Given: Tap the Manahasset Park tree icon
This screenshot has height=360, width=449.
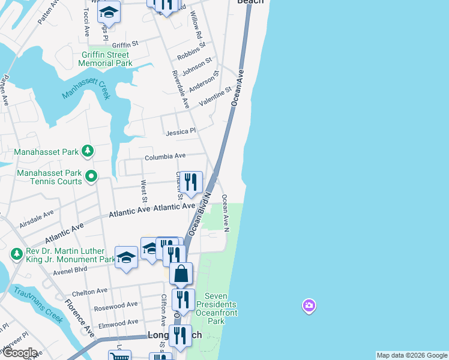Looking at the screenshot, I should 88,151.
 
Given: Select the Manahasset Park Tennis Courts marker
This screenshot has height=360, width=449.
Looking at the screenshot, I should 91,176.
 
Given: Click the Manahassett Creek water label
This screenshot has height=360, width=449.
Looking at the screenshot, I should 86,91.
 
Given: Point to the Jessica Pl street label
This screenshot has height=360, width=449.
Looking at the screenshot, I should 181,131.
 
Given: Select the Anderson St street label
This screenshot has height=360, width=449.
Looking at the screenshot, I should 202,83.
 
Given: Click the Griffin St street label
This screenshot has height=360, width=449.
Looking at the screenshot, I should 125,44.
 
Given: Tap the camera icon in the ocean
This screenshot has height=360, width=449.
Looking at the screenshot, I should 309,306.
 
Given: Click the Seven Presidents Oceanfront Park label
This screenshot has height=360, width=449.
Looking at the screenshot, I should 220,308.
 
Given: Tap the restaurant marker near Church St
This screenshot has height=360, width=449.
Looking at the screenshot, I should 191,182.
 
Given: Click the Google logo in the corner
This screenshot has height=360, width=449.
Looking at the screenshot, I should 19,353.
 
